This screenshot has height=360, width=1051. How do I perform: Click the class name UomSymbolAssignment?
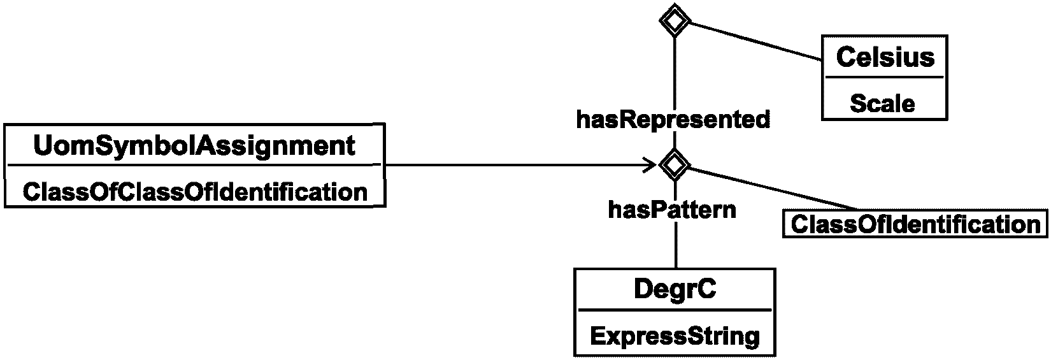pyautogui.click(x=194, y=146)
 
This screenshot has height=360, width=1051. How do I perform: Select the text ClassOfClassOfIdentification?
pyautogui.click(x=195, y=192)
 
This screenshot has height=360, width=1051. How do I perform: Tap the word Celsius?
pyautogui.click(x=885, y=57)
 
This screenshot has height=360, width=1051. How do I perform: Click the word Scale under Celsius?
pyautogui.click(x=882, y=104)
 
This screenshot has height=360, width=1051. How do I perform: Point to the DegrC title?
pyautogui.click(x=675, y=289)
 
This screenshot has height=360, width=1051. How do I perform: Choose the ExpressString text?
pyautogui.click(x=675, y=336)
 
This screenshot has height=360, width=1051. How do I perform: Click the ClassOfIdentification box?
pyautogui.click(x=915, y=224)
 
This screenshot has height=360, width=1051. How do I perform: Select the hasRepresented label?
pyautogui.click(x=673, y=120)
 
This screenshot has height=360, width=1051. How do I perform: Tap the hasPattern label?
pyautogui.click(x=672, y=210)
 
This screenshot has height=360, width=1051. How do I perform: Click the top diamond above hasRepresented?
pyautogui.click(x=675, y=20)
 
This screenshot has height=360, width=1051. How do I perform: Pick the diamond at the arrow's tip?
pyautogui.click(x=675, y=165)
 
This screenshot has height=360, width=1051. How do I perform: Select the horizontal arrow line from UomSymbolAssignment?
pyautogui.click(x=521, y=165)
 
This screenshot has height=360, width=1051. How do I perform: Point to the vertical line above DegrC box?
pyautogui.click(x=676, y=245)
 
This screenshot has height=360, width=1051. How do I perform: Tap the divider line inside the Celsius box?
pyautogui.click(x=884, y=77)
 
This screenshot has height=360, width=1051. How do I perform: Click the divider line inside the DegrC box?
pyautogui.click(x=675, y=310)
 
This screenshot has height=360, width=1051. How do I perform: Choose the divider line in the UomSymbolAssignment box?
pyautogui.click(x=194, y=165)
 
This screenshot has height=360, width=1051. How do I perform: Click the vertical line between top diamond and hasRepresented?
pyautogui.click(x=675, y=72)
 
